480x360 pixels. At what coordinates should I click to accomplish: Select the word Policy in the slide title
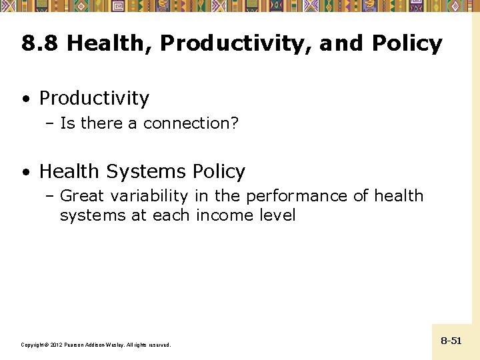(x=407, y=44)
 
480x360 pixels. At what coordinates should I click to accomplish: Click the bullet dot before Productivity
(x=25, y=99)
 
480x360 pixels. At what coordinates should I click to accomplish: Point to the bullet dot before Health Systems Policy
(x=25, y=173)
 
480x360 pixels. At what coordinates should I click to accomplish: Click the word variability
(x=150, y=196)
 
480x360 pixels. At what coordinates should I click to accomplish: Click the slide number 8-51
(x=451, y=341)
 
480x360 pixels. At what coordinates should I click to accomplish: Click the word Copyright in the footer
(x=33, y=345)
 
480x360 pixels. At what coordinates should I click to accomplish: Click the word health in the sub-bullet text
(x=399, y=196)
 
